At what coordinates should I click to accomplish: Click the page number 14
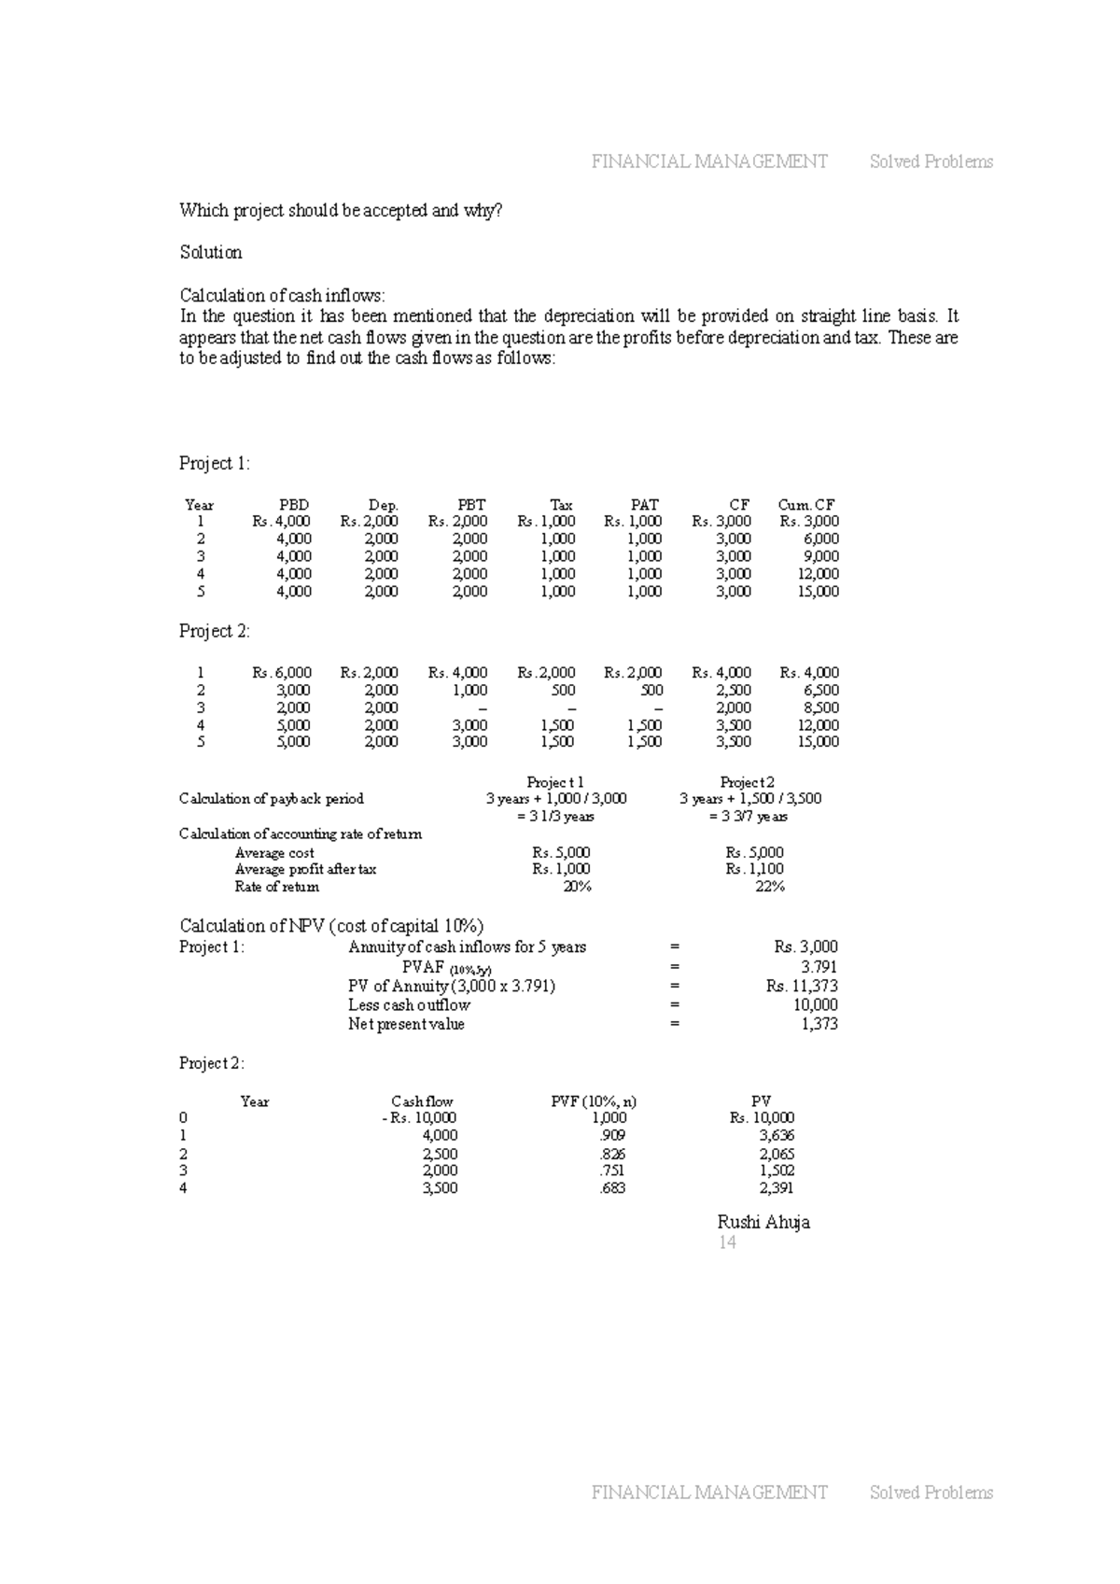point(727,1242)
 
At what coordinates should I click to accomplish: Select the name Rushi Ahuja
point(763,1222)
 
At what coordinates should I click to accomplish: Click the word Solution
point(211,252)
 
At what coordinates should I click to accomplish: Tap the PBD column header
point(294,504)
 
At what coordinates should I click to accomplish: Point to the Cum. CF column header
point(806,504)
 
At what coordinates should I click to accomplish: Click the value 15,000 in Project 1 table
point(819,591)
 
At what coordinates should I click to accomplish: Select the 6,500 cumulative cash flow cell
point(820,690)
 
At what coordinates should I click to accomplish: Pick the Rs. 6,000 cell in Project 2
point(282,672)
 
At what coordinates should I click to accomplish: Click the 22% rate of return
point(769,887)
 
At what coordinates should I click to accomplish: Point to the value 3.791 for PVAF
point(819,967)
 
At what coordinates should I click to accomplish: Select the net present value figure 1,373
point(819,1024)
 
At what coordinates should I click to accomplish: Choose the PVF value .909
point(612,1135)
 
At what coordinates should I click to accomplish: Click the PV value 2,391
point(777,1188)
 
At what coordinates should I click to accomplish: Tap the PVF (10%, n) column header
point(595,1101)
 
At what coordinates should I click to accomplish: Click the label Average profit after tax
point(305,869)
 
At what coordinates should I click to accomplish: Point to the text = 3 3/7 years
point(749,817)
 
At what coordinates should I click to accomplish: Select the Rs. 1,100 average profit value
point(754,869)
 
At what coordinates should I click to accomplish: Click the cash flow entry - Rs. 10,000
point(419,1117)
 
